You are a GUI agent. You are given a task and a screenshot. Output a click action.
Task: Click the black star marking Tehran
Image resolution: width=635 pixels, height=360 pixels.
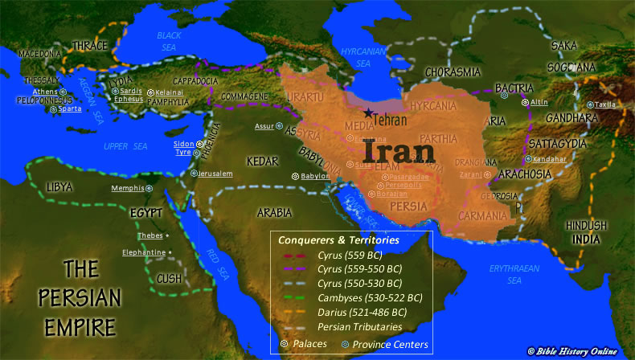367,112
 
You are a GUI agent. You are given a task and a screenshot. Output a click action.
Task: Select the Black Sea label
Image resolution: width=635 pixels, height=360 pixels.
170,40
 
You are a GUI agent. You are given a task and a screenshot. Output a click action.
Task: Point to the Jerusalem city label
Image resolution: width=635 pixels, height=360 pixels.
215,174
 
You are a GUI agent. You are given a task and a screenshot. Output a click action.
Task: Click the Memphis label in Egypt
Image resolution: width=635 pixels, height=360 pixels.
127,188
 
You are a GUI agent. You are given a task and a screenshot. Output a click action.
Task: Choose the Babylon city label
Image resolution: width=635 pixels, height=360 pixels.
315,176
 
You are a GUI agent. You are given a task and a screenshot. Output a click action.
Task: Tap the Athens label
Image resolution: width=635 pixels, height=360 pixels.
45,92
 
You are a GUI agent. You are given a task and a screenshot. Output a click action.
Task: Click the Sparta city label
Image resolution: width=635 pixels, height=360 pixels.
70,108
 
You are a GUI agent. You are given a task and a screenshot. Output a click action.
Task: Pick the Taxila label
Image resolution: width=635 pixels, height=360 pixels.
605,104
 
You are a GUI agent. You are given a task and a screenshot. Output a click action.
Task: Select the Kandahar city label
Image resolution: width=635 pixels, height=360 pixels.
550,158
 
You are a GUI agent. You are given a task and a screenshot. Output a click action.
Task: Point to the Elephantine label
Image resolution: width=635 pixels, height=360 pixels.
144,252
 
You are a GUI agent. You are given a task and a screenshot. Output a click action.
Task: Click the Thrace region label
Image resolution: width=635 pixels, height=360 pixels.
89,45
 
